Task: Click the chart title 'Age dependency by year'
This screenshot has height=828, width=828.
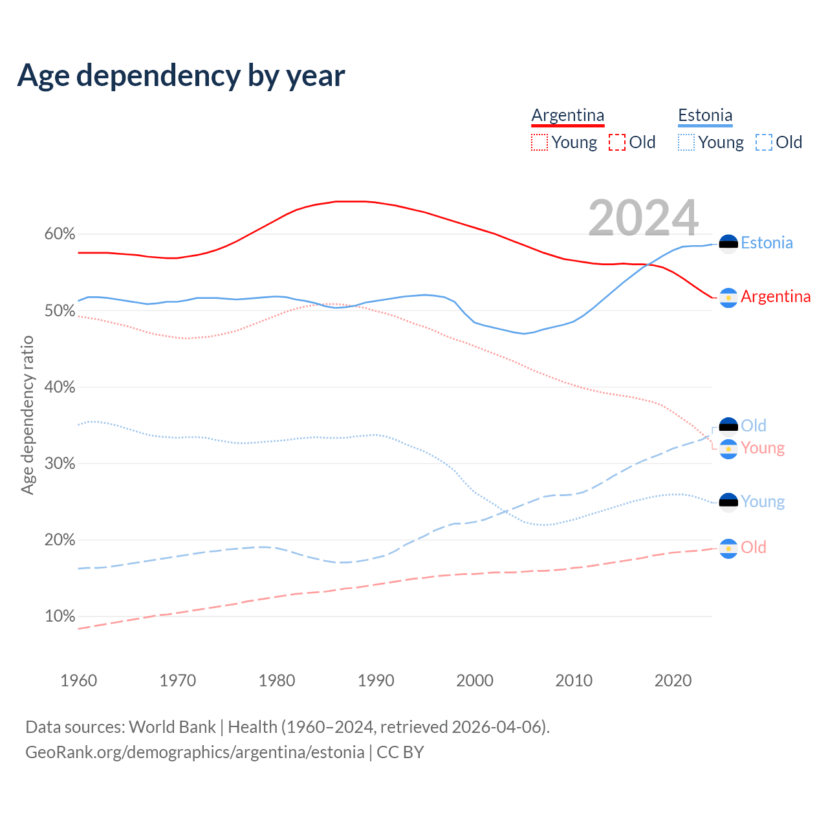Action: [181, 76]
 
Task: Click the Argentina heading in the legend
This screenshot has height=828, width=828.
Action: [567, 116]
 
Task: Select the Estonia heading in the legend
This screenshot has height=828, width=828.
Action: [705, 116]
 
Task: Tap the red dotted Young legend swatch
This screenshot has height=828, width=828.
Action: [539, 142]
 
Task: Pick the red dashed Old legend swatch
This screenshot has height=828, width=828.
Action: [617, 142]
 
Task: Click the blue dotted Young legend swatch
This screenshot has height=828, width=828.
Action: [686, 142]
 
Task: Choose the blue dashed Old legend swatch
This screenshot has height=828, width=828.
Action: [764, 142]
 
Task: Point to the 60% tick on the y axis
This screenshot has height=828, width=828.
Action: [60, 234]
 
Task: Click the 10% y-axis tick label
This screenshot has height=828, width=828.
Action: [60, 616]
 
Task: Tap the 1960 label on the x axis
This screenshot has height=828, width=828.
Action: [78, 681]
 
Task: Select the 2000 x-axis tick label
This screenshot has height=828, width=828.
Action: [475, 681]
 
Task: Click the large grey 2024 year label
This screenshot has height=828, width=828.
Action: [643, 218]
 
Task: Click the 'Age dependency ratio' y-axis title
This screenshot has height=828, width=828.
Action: [27, 415]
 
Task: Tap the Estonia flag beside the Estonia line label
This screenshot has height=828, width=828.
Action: [728, 244]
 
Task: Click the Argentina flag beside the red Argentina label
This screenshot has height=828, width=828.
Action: [728, 298]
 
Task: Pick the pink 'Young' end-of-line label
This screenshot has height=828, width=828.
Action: [763, 448]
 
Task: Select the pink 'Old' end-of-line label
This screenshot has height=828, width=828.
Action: [754, 548]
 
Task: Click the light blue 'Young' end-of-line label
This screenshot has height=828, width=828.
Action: [763, 502]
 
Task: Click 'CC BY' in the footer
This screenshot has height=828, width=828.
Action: [400, 752]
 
